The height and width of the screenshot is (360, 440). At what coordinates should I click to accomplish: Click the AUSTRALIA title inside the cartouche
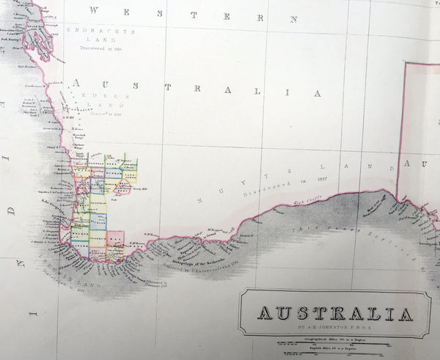coord(334,315)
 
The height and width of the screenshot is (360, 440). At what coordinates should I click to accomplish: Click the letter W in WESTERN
coord(93,10)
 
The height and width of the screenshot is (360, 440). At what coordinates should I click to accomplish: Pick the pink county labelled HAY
coord(115,238)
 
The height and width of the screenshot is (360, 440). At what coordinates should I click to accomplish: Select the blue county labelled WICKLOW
coord(98,219)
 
